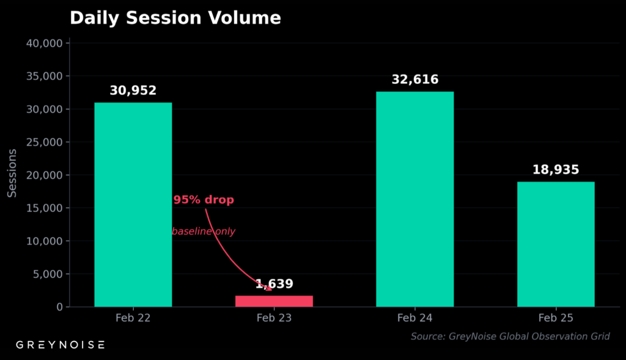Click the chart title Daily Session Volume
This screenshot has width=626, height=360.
(175, 18)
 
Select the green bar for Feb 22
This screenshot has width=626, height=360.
(133, 204)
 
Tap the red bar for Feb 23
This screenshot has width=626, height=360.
(274, 301)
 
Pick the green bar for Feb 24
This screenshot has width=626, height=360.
(414, 199)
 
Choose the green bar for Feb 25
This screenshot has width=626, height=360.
(555, 244)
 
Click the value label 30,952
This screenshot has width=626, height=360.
(133, 90)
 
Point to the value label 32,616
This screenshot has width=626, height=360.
(415, 79)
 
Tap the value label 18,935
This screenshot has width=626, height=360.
(555, 170)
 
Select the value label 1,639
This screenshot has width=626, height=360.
(274, 284)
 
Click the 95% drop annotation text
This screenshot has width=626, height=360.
(203, 200)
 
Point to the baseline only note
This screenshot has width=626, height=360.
(204, 232)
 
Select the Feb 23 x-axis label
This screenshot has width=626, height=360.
(274, 318)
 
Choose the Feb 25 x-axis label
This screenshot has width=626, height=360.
(555, 318)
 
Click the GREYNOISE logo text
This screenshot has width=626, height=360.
(60, 345)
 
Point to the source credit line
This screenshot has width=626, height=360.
(510, 337)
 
